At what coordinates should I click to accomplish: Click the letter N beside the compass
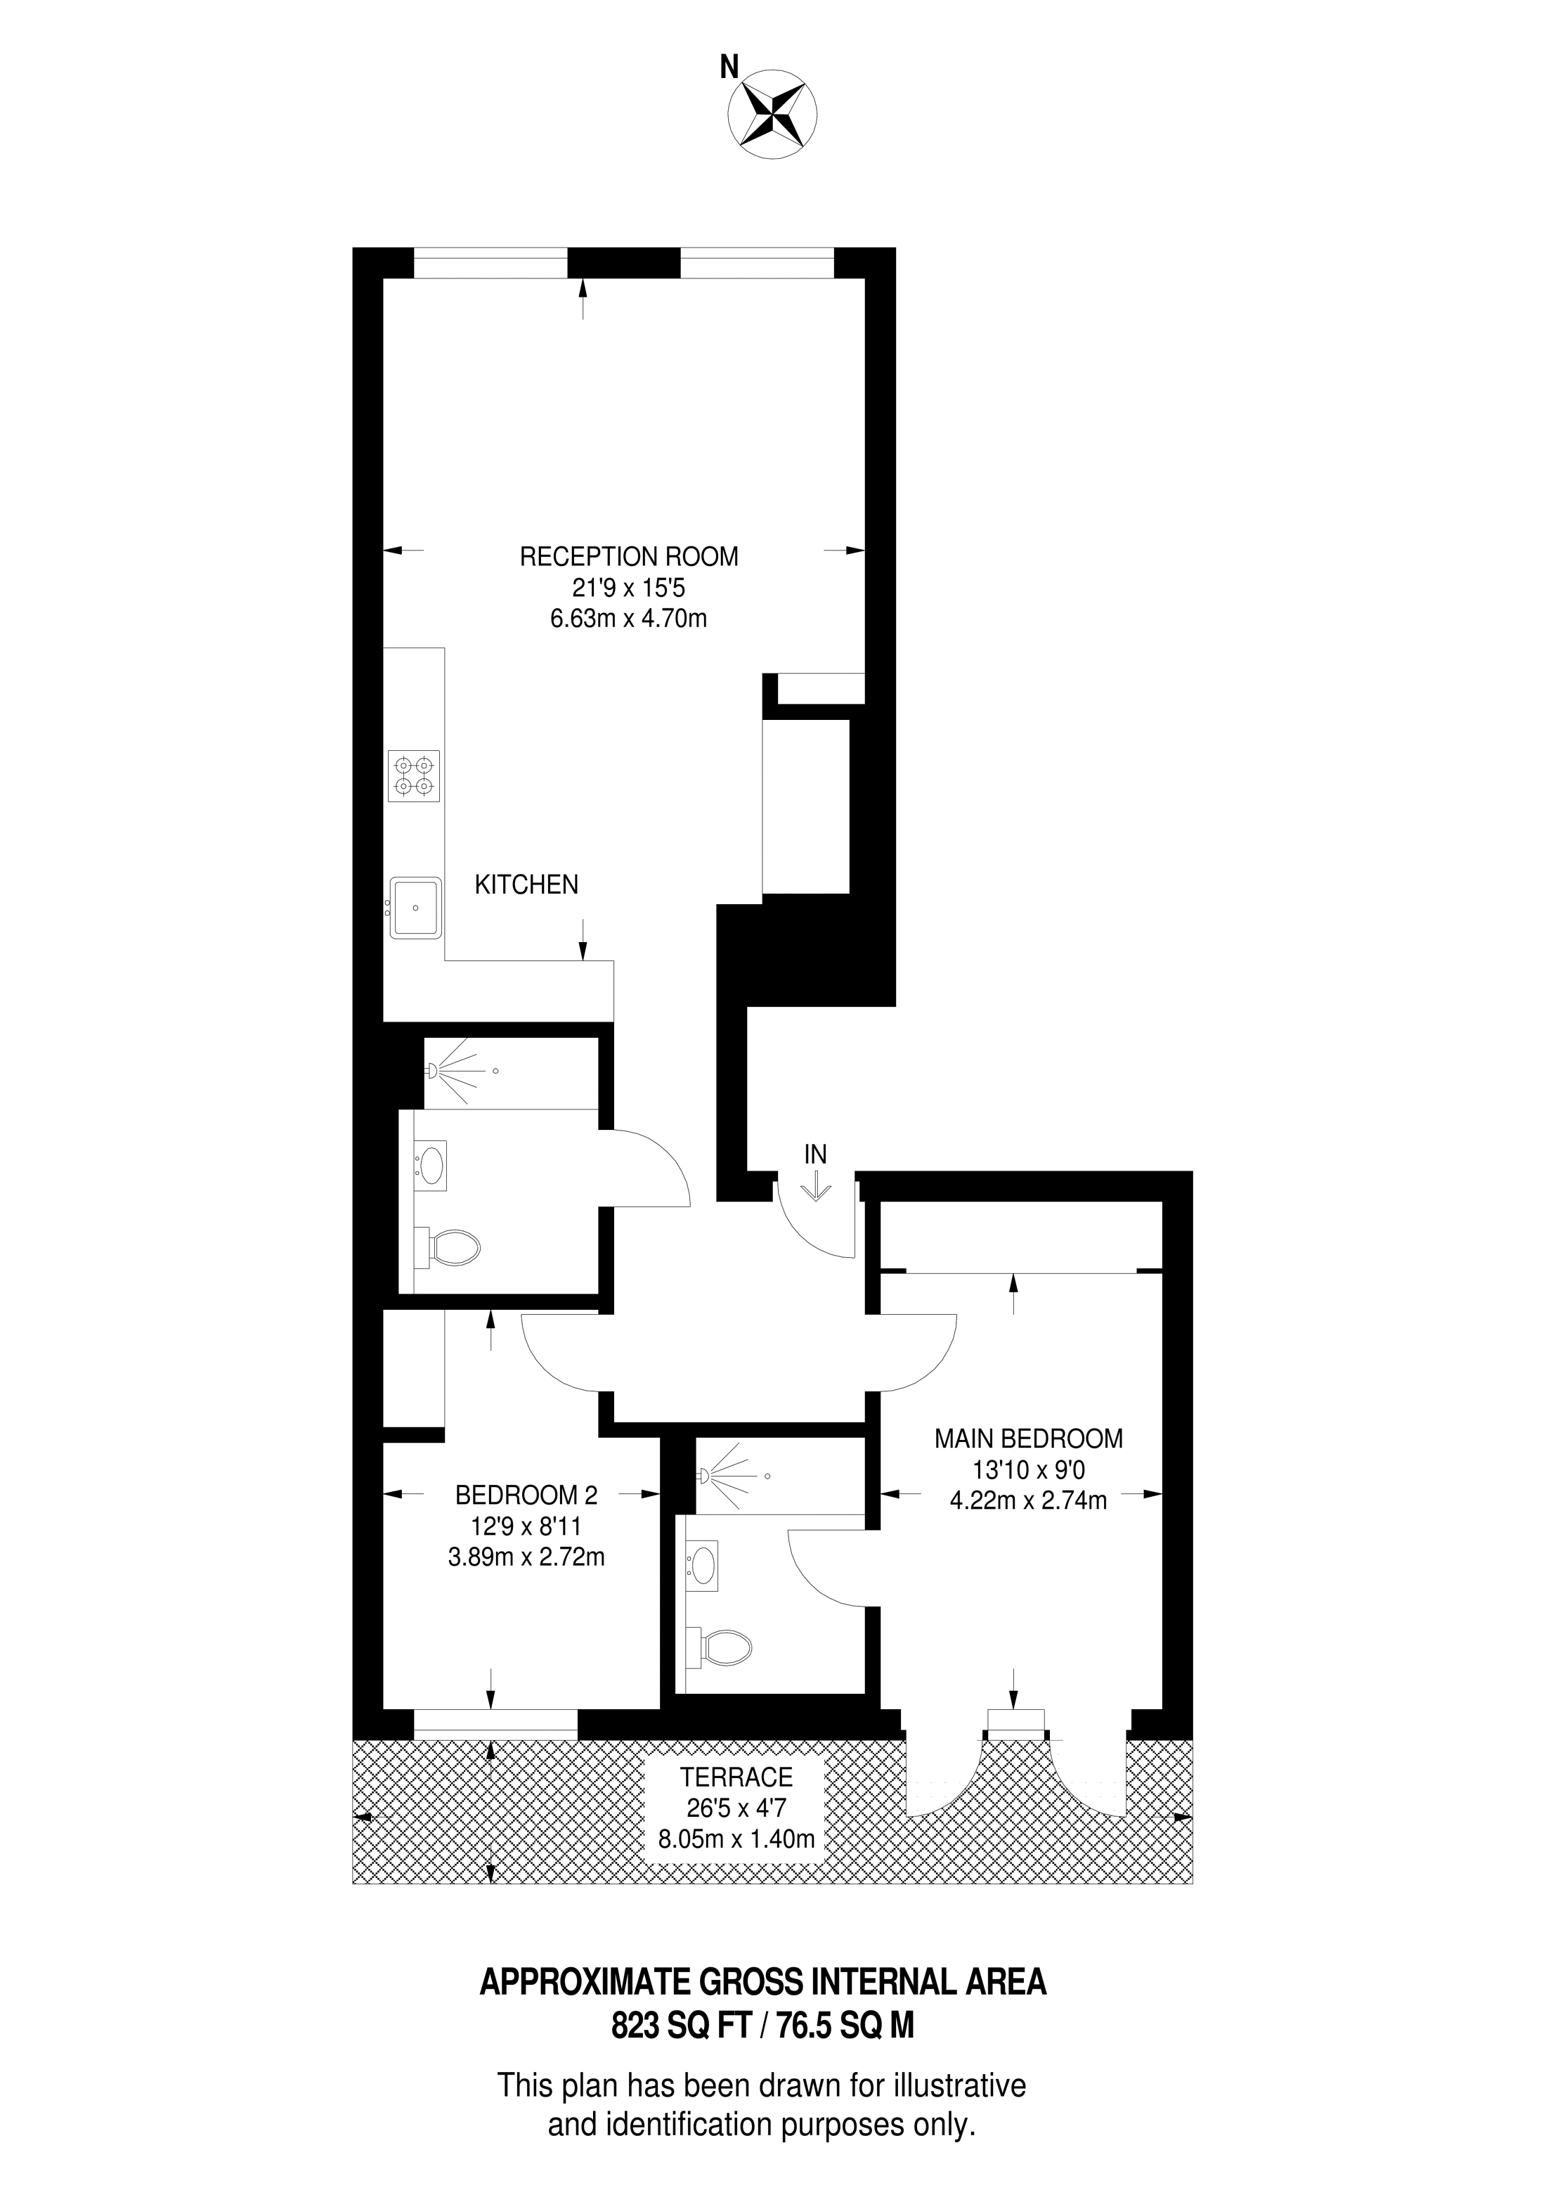click(x=729, y=67)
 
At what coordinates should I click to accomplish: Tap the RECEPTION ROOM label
click(x=629, y=557)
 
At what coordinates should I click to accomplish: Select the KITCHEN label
click(x=527, y=884)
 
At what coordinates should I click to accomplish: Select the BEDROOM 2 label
click(x=530, y=1494)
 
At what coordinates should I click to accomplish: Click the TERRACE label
click(x=736, y=1777)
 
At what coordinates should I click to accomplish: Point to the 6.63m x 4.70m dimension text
click(x=629, y=619)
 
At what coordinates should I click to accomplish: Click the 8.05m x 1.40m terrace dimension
click(x=737, y=1839)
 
